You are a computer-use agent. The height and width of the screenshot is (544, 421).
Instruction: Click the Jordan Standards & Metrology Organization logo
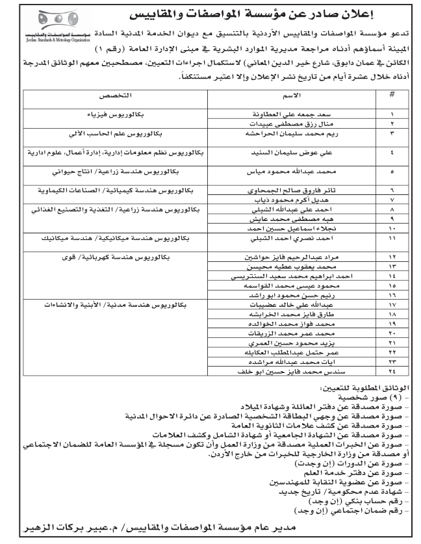[x=46, y=27]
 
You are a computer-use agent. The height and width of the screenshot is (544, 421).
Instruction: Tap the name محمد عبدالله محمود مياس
[x=279, y=174]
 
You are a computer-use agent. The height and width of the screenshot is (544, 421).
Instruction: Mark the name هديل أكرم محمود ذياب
[x=279, y=201]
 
